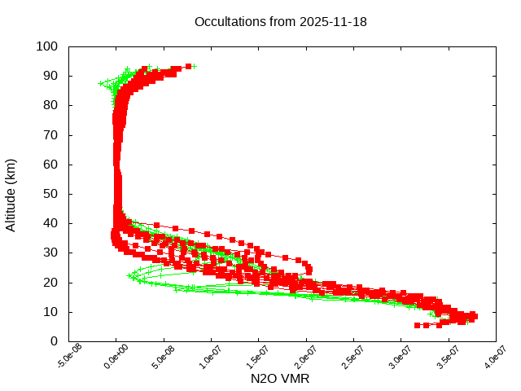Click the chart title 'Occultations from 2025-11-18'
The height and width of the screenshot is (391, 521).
[x=280, y=22]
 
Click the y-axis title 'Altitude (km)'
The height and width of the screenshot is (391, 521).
[x=11, y=194]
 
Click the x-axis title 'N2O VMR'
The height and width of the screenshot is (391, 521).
[x=280, y=379]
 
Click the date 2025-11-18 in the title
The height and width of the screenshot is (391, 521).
[x=334, y=22]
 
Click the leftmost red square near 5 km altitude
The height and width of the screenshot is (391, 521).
[x=418, y=325]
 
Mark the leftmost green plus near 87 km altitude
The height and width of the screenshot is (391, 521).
[x=101, y=83]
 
